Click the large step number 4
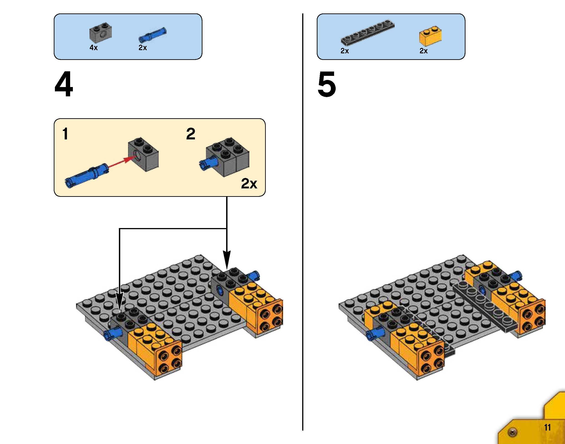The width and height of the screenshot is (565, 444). click(64, 85)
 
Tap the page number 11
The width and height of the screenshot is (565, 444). click(547, 427)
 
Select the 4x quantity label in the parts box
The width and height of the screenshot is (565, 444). click(94, 48)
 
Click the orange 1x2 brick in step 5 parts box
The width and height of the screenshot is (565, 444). click(430, 35)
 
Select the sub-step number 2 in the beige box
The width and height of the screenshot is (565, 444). click(191, 134)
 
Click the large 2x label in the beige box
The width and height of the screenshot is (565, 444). click(249, 184)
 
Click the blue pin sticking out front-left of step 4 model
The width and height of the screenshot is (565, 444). click(112, 334)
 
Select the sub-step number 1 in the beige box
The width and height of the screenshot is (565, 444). click(65, 134)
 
